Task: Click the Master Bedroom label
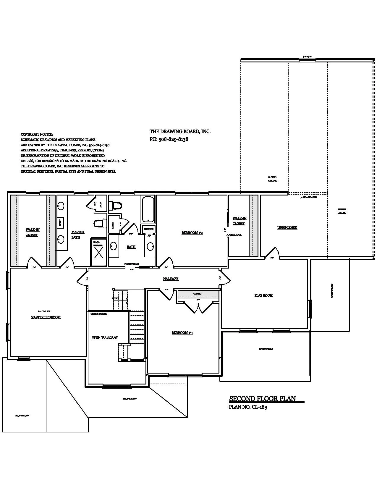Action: pyautogui.click(x=46, y=317)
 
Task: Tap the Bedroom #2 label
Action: pyautogui.click(x=192, y=233)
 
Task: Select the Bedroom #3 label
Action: pyautogui.click(x=182, y=333)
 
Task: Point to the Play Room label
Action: pyautogui.click(x=263, y=295)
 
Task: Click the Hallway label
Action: pyautogui.click(x=171, y=279)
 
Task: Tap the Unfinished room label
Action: pyautogui.click(x=287, y=227)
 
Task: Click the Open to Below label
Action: pyautogui.click(x=105, y=337)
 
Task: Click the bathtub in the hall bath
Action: pyautogui.click(x=148, y=209)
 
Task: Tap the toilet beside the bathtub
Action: pyautogui.click(x=116, y=205)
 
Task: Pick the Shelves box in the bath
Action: pyautogui.click(x=149, y=229)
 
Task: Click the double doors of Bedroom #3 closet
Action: pyautogui.click(x=197, y=307)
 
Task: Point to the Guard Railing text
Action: pyautogui.click(x=99, y=314)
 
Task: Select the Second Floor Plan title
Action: pyautogui.click(x=262, y=399)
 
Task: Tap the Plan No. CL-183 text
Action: pyautogui.click(x=248, y=407)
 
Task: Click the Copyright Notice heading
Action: pyautogui.click(x=37, y=134)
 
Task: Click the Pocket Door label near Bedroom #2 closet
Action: pyautogui.click(x=234, y=235)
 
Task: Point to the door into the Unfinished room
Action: pyautogui.click(x=272, y=253)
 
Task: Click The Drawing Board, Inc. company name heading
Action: pyautogui.click(x=180, y=132)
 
